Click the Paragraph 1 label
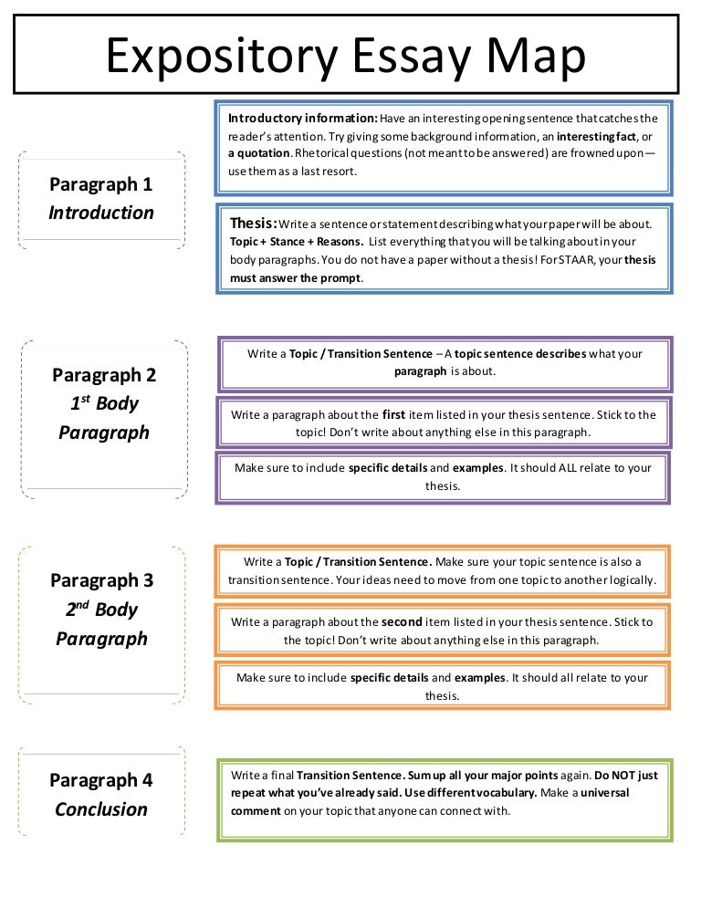[x=101, y=184]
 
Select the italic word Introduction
[x=101, y=213]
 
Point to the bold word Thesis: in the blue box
[x=254, y=223]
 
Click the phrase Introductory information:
[x=303, y=119]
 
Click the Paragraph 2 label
[x=104, y=374]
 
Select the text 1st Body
[x=104, y=403]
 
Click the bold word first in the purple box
[x=393, y=414]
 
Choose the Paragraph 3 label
[x=101, y=580]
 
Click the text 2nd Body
[x=101, y=610]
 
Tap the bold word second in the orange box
[x=402, y=622]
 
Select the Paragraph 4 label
[x=101, y=780]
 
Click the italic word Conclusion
[x=101, y=809]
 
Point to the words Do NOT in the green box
[x=603, y=776]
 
